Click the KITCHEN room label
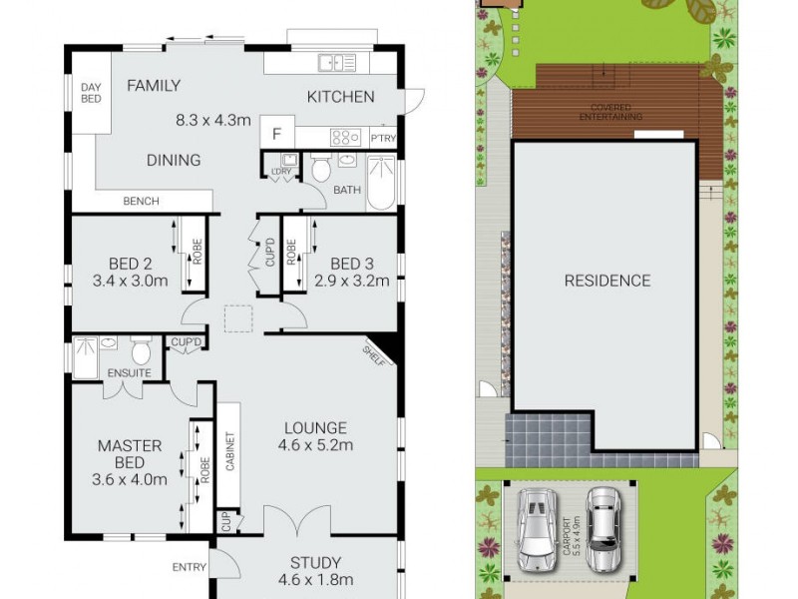340,97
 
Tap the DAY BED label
91,93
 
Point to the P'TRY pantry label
383,138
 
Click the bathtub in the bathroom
382,183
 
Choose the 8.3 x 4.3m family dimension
211,121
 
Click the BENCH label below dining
141,202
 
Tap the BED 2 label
130,264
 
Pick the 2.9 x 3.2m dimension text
351,281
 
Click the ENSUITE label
130,372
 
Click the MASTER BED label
130,454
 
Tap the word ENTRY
189,567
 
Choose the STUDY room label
316,562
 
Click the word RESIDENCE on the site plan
606,281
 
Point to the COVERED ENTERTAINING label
610,112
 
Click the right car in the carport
602,528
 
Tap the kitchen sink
330,63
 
